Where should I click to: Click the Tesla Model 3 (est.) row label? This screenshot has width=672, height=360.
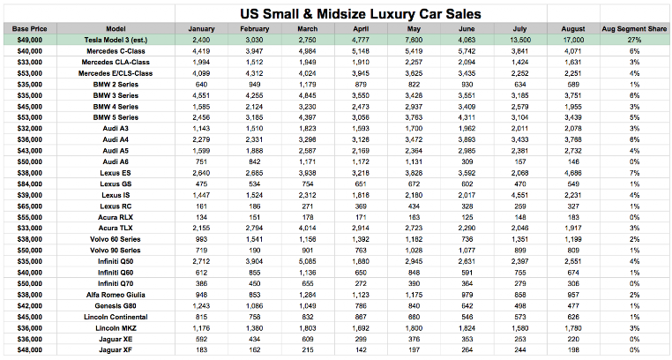point(108,41)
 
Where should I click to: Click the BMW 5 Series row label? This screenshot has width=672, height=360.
point(108,116)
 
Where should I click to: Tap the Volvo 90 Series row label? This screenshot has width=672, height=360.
point(108,250)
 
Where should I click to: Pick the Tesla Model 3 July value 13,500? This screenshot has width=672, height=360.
point(521,41)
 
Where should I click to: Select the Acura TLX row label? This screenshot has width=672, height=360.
point(108,228)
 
